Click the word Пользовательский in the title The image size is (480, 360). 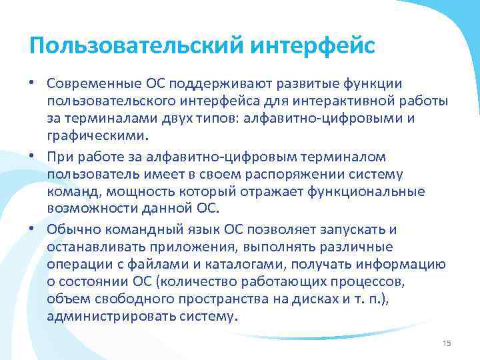[135, 46]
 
